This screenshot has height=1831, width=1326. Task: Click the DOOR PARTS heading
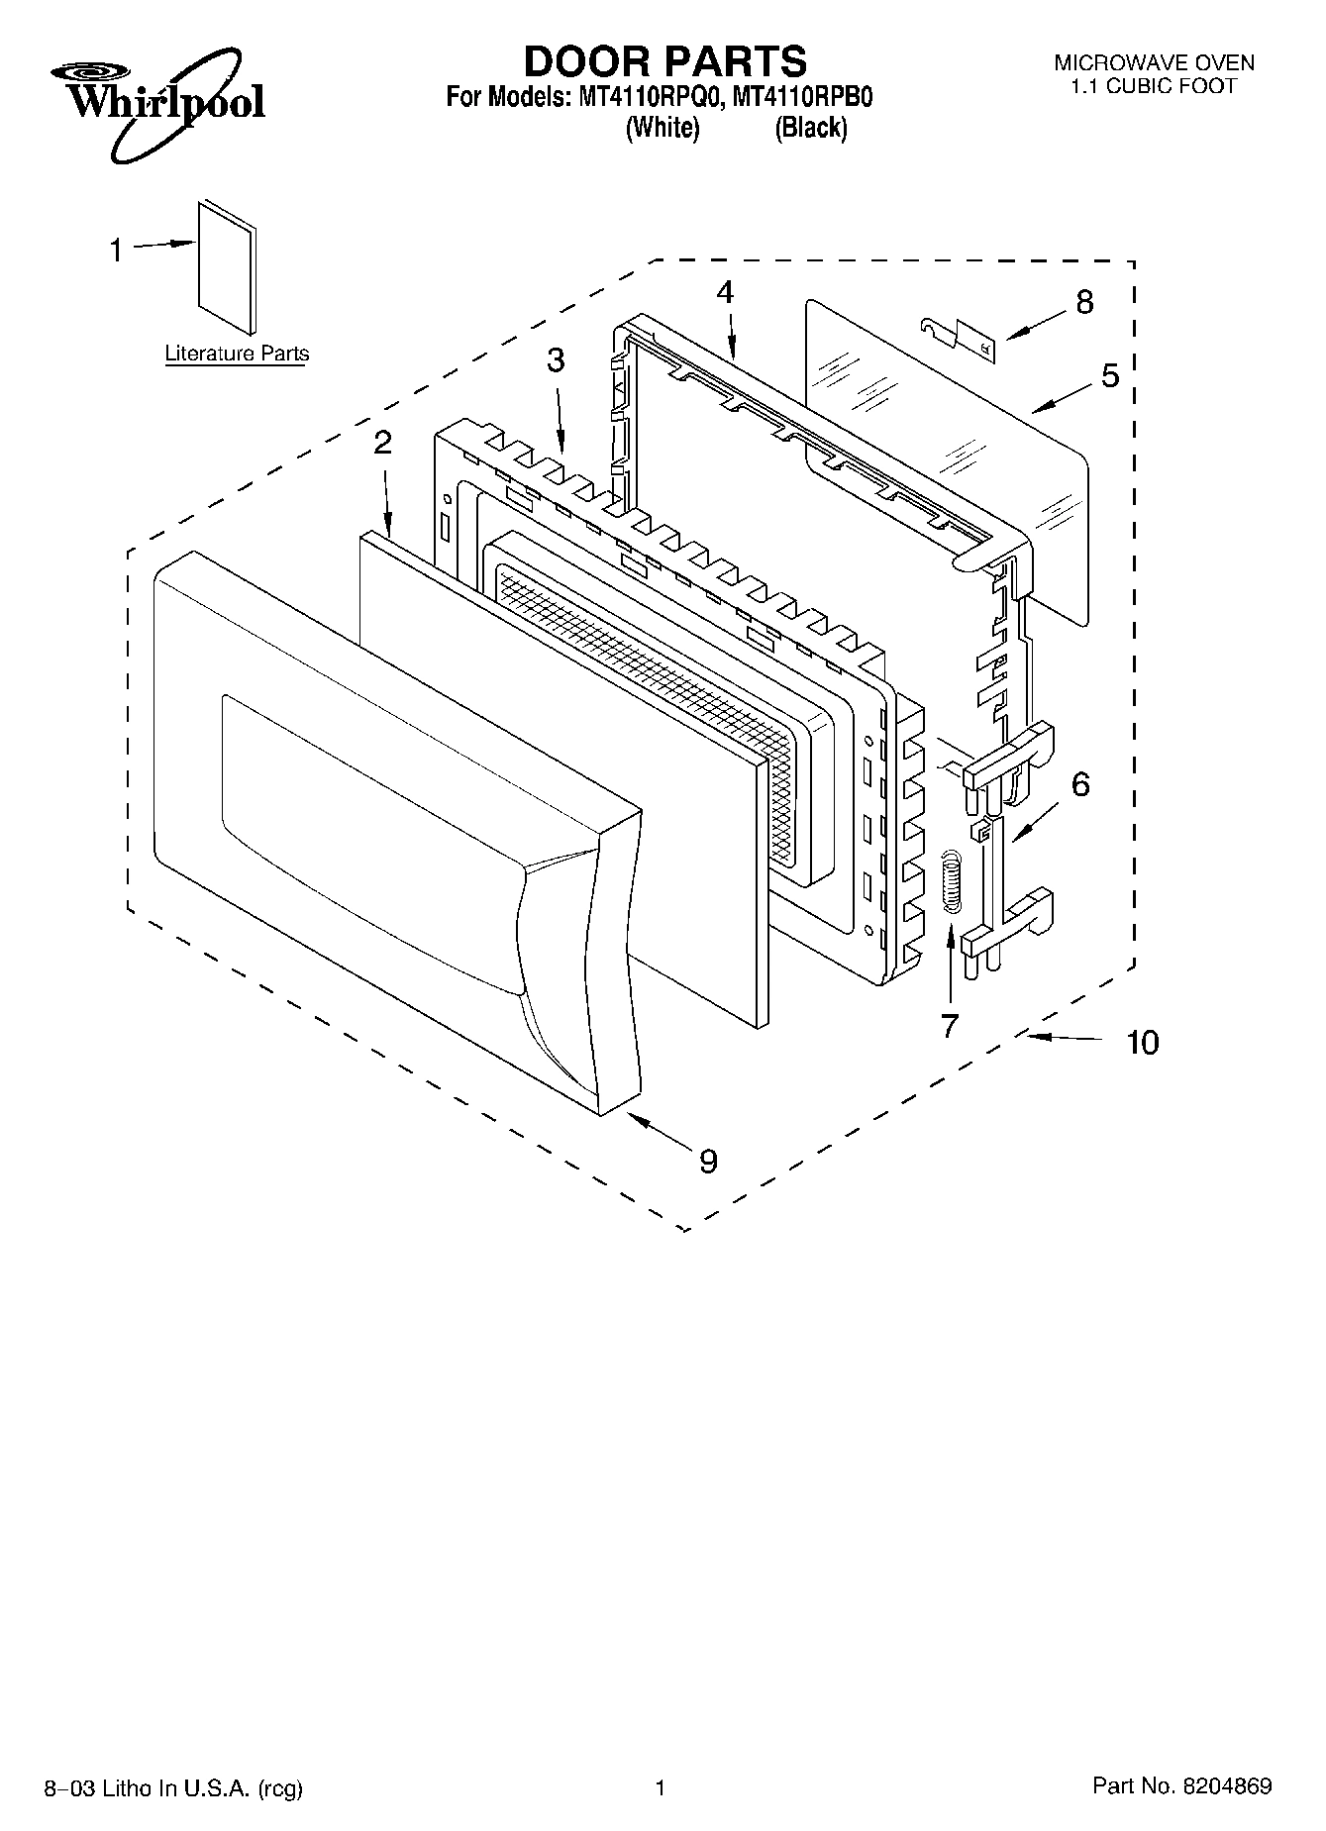(664, 61)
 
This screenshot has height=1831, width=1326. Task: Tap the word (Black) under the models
(811, 129)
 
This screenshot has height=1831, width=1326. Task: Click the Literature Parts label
(237, 354)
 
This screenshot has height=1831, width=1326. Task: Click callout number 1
(116, 251)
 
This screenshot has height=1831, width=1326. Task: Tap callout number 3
(556, 360)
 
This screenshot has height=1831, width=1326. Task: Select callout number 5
(1109, 375)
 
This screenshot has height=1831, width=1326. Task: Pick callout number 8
(1084, 302)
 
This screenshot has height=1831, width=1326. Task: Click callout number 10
(1142, 1042)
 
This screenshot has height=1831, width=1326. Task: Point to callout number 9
(708, 1161)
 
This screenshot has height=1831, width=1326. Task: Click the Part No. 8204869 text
(1181, 1786)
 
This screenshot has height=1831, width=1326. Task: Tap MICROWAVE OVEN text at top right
(1154, 63)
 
